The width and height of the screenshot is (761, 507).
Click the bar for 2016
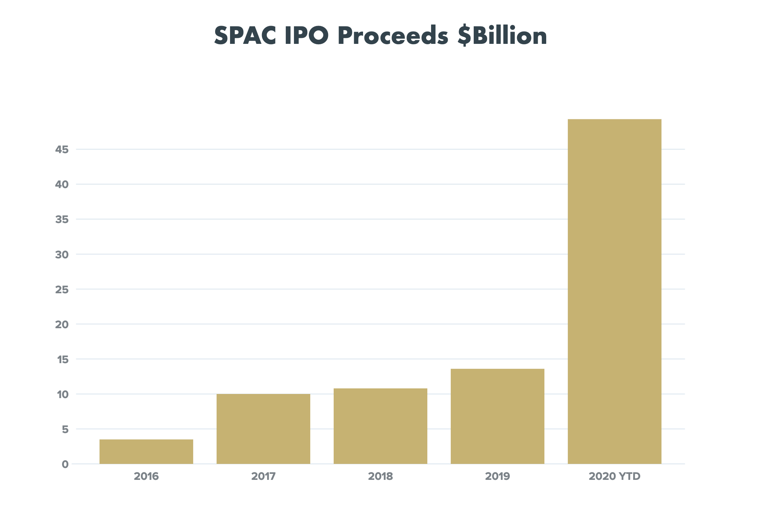coord(146,451)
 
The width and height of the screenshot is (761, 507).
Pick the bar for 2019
coord(498,416)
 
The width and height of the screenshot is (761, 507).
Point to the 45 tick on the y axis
coord(62,149)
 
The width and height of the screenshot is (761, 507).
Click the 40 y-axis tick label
coord(62,184)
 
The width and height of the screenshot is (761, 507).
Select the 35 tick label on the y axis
coord(62,219)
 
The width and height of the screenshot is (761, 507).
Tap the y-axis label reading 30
coord(62,254)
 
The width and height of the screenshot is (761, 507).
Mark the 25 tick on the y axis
coord(62,289)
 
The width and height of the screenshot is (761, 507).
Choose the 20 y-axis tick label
coord(62,324)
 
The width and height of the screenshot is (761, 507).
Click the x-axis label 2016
coord(146,476)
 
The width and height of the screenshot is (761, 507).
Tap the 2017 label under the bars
coord(263,476)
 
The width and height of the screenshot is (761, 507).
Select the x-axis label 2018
coord(380,476)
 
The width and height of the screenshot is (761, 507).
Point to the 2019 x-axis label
coord(498,476)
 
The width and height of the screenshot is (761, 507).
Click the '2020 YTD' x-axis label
coord(615,476)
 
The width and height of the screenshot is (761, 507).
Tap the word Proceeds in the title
coord(393,36)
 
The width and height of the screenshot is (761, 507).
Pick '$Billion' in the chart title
coord(502,36)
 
